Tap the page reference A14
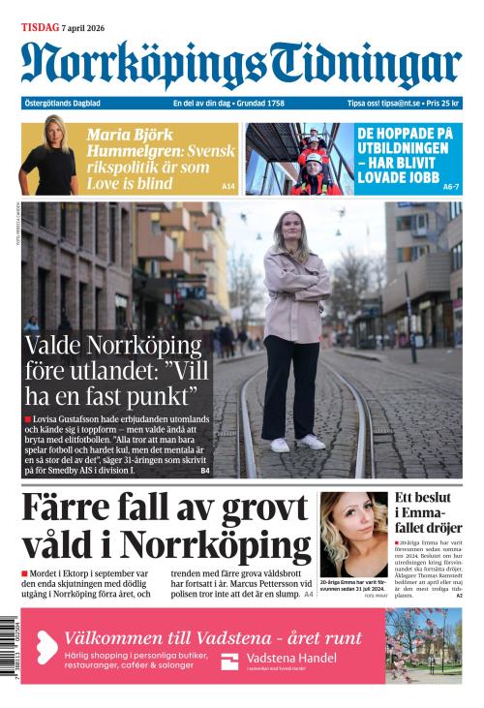[x=228, y=186]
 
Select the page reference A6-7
[x=450, y=186]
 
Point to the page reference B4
[x=205, y=471]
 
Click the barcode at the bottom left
[x=10, y=649]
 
